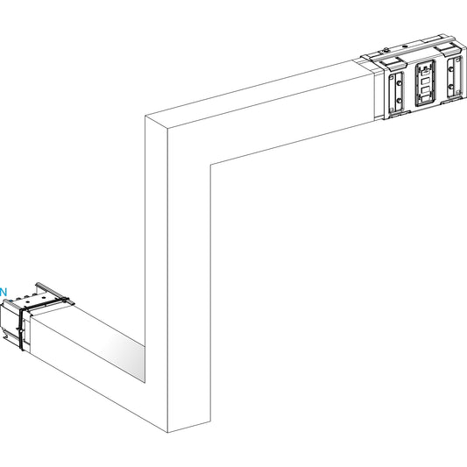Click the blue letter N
click(3, 292)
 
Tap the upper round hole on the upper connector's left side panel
click(400, 83)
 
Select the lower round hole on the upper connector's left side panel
click(399, 101)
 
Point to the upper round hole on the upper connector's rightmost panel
click(451, 69)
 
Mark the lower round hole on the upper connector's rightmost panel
click(450, 87)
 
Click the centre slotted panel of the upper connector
click(425, 83)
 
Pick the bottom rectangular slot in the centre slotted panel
click(425, 97)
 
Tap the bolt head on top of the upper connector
click(386, 50)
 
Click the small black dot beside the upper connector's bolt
click(405, 46)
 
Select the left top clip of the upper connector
click(393, 62)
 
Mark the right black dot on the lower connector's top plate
click(44, 298)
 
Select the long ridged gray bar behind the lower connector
click(54, 294)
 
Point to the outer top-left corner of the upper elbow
click(145, 116)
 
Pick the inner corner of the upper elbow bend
click(210, 164)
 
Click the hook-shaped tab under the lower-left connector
click(5, 334)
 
